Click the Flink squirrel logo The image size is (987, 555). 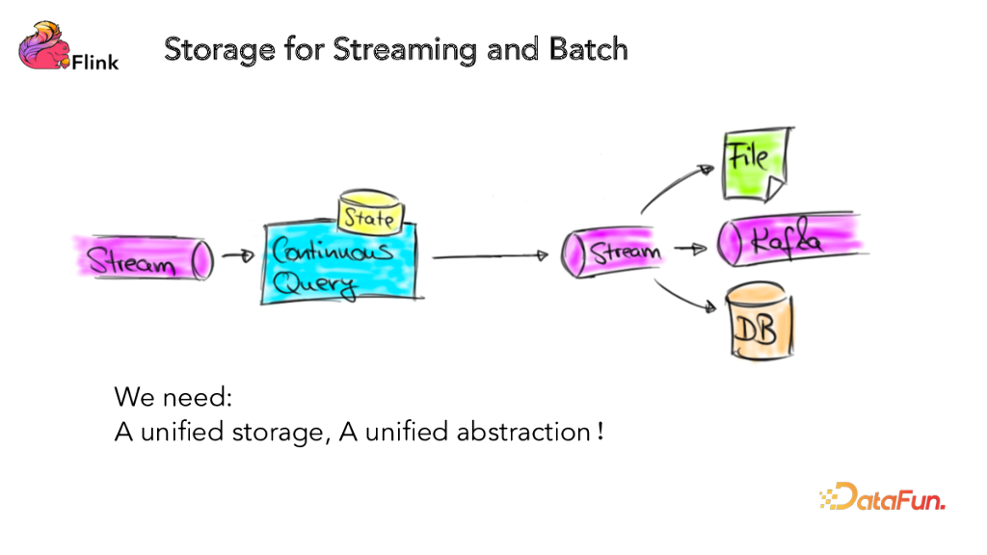pos(43,46)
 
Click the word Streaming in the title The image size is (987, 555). pos(405,48)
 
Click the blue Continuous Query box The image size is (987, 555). pos(328,265)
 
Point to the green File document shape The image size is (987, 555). pos(757,159)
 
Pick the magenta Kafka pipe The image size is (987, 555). pos(790,239)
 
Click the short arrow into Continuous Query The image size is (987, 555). pos(236,256)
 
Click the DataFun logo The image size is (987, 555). pos(882,498)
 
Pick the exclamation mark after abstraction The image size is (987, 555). pos(600,431)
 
